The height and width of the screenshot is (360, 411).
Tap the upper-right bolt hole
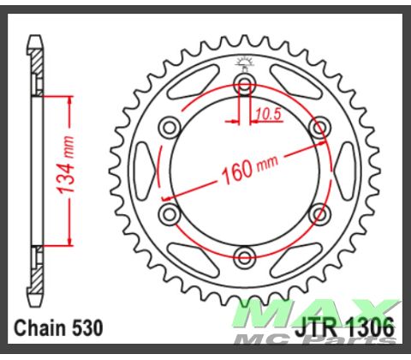[320, 127]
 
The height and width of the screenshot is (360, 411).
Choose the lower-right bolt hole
[320, 213]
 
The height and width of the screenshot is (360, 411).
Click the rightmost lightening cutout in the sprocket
[347, 170]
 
